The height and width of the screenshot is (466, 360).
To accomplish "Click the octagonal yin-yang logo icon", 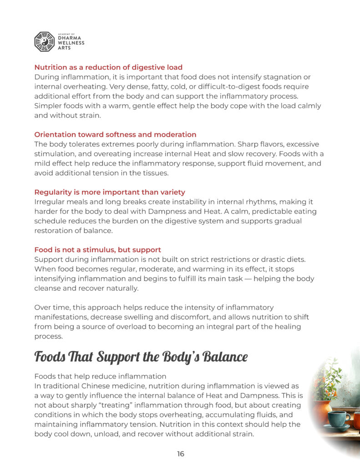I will pyautogui.click(x=44, y=41).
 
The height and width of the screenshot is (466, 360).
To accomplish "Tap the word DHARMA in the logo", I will pyautogui.click(x=71, y=38).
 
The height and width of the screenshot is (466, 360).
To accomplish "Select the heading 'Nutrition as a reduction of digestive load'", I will pyautogui.click(x=108, y=67).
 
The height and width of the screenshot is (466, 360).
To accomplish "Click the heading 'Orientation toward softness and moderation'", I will pyautogui.click(x=115, y=135).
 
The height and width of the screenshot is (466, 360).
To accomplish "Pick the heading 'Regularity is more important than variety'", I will pyautogui.click(x=110, y=192).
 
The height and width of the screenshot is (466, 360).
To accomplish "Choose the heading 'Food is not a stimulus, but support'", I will pyautogui.click(x=97, y=250).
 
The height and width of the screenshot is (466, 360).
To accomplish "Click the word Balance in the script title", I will pyautogui.click(x=225, y=357).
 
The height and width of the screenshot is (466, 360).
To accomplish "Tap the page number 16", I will pyautogui.click(x=180, y=454).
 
